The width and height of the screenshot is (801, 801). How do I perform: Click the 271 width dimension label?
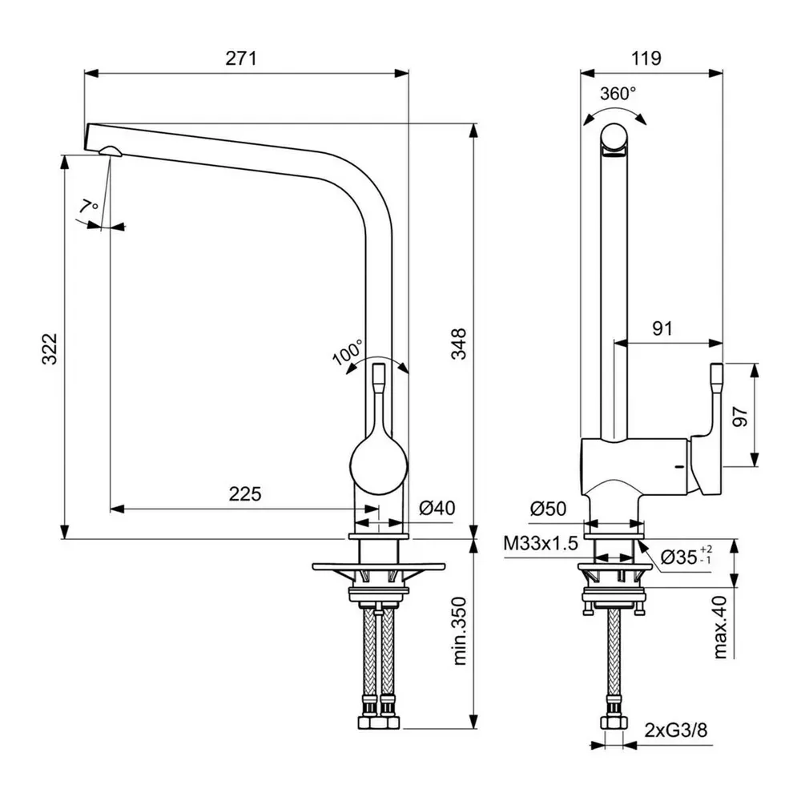pyautogui.click(x=245, y=58)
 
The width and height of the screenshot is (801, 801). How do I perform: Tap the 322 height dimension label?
pyautogui.click(x=50, y=349)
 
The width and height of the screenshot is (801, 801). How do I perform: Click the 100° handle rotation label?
pyautogui.click(x=348, y=352)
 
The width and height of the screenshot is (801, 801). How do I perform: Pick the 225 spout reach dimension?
pyautogui.click(x=245, y=494)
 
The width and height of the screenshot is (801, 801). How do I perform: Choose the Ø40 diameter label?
pyautogui.click(x=437, y=508)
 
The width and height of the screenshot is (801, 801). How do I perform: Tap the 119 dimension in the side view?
pyautogui.click(x=645, y=58)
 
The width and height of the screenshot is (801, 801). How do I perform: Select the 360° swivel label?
pyautogui.click(x=618, y=93)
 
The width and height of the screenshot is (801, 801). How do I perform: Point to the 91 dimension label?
pyautogui.click(x=662, y=328)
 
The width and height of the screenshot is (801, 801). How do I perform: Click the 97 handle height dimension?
pyautogui.click(x=739, y=416)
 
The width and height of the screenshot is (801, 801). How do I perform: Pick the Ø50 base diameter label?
pyautogui.click(x=548, y=508)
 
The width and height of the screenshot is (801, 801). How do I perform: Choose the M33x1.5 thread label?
pyautogui.click(x=541, y=544)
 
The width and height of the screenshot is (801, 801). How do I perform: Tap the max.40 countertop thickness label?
pyautogui.click(x=720, y=627)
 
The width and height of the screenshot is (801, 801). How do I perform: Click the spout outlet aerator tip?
pyautogui.click(x=109, y=152)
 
